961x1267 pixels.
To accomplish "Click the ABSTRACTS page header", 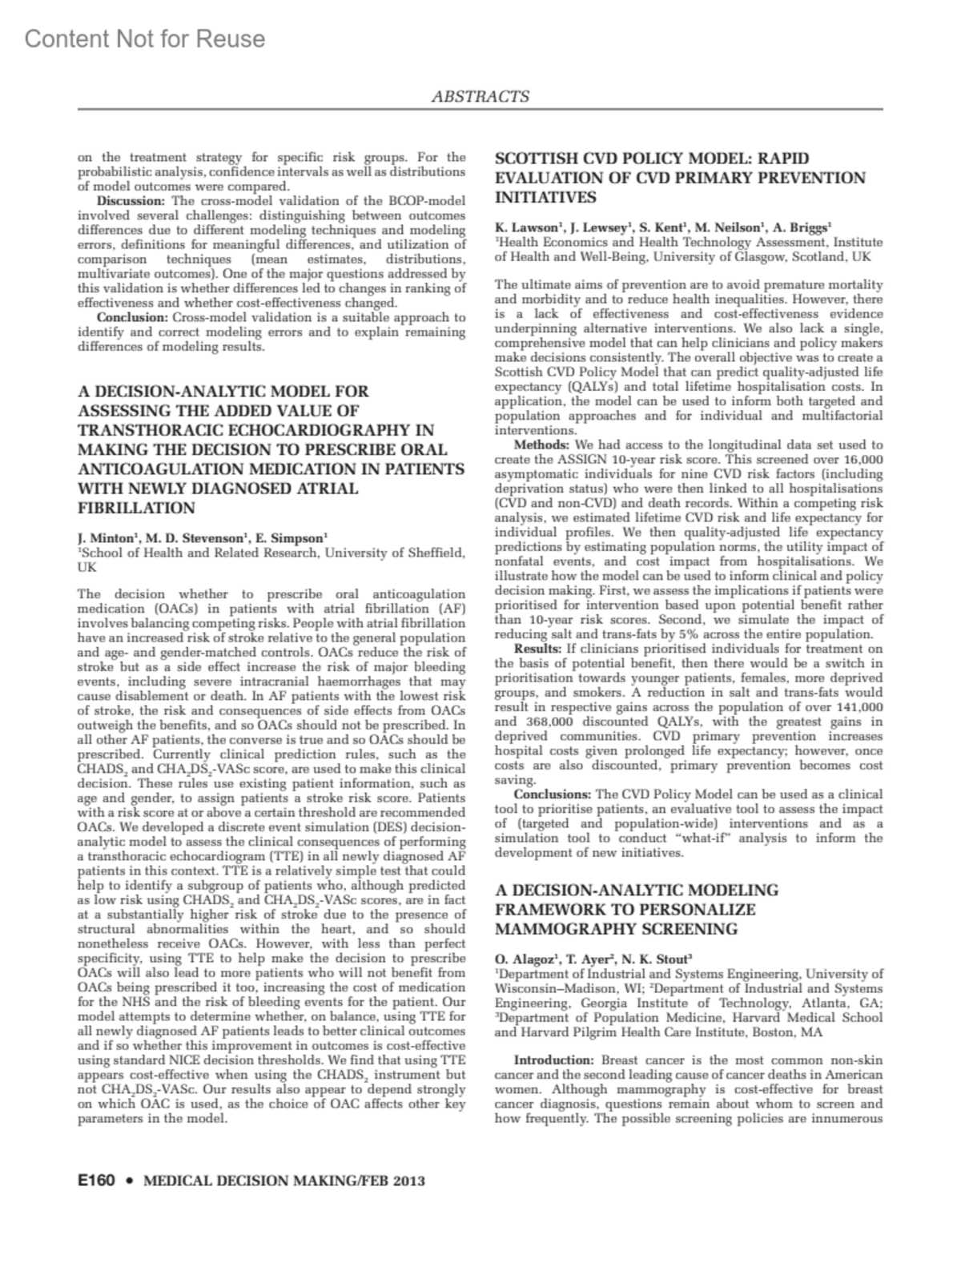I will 480,97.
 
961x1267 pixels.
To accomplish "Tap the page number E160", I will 97,1181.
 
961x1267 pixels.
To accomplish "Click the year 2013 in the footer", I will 404,1181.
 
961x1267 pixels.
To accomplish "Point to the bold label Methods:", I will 541,444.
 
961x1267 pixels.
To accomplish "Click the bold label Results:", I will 540,649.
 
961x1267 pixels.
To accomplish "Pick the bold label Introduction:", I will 555,1060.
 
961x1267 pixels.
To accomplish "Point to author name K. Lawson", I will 526,227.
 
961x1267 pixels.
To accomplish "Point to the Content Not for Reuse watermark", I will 145,38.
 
